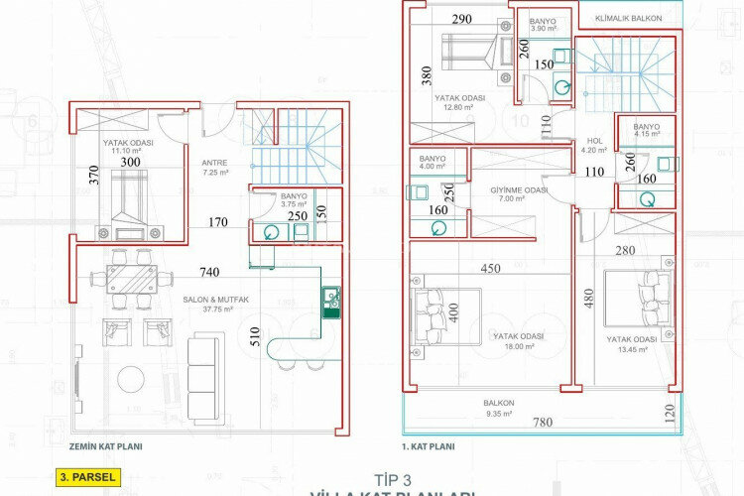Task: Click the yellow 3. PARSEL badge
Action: [88, 477]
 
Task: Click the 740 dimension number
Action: [208, 271]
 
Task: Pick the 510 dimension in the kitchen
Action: [256, 333]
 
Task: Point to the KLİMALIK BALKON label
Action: [630, 18]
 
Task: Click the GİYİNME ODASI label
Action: [519, 191]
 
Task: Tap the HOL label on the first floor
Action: [595, 141]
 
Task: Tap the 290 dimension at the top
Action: [460, 19]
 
